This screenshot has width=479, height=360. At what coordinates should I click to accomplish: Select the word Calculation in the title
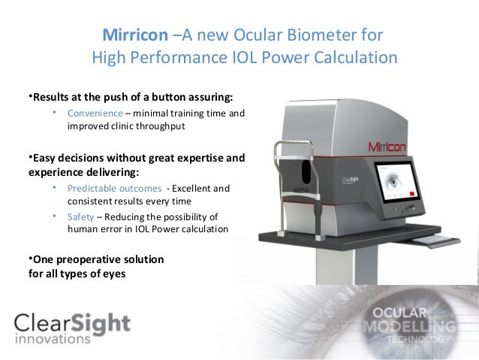coord(356,58)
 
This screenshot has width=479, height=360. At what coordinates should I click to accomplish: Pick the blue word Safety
coord(80,216)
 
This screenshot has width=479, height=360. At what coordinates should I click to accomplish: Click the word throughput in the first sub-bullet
coord(157,126)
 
